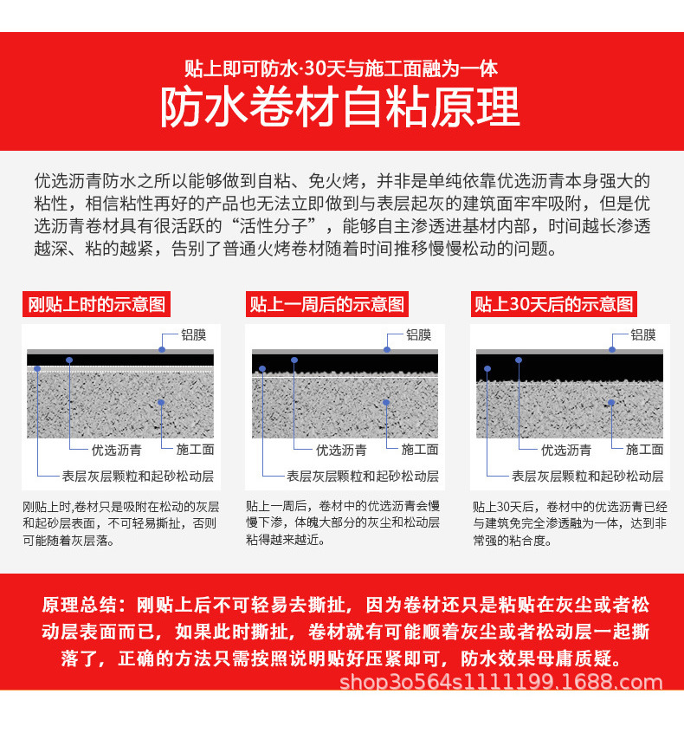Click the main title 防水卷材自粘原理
coord(341,107)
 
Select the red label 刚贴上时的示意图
coord(96,304)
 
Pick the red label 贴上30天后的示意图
coord(554,304)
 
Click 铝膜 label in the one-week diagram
coord(418,334)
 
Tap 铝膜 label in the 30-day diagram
coord(642,334)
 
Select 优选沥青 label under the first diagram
coord(118,450)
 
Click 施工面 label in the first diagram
coord(195,450)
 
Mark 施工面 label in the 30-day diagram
coord(644,450)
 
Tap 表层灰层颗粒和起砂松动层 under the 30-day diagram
coord(588,476)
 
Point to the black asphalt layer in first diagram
coord(119,360)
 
